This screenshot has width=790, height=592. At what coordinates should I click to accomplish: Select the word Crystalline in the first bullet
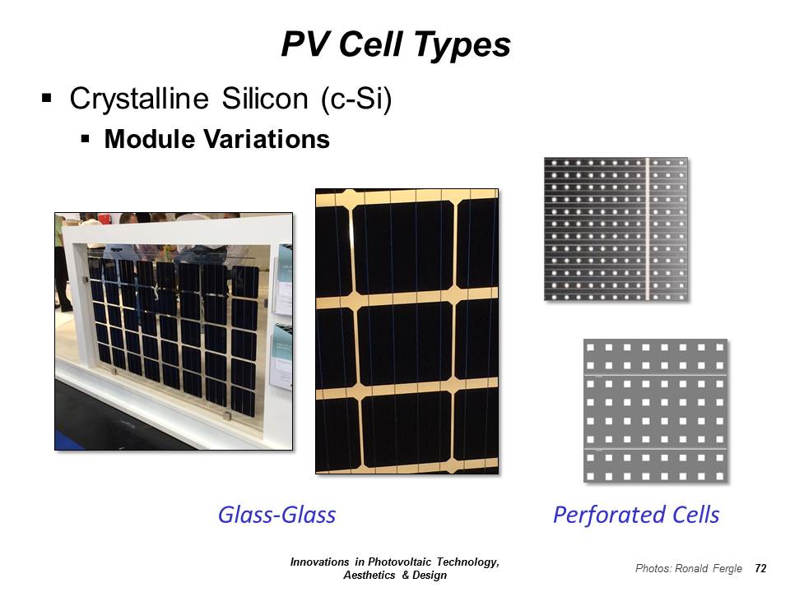click(139, 99)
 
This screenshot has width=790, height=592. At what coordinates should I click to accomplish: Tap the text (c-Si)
click(356, 99)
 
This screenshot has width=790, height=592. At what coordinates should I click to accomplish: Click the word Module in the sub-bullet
click(149, 139)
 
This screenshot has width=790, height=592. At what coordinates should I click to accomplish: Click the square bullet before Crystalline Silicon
click(47, 98)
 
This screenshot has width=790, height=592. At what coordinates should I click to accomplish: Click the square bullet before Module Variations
click(85, 138)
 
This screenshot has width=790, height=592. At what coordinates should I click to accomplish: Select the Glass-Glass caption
click(277, 516)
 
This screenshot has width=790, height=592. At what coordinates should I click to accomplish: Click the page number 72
click(760, 568)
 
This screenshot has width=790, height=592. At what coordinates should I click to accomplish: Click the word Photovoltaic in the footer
click(400, 562)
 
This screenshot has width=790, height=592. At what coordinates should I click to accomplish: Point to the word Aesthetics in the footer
click(369, 575)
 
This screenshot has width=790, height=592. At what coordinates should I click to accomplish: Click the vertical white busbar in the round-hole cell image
click(648, 229)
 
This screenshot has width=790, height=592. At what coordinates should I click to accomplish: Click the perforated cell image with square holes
click(656, 411)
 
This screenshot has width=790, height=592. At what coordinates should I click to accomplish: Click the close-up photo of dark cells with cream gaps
click(407, 331)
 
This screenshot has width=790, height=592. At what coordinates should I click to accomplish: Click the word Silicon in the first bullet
click(265, 98)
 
